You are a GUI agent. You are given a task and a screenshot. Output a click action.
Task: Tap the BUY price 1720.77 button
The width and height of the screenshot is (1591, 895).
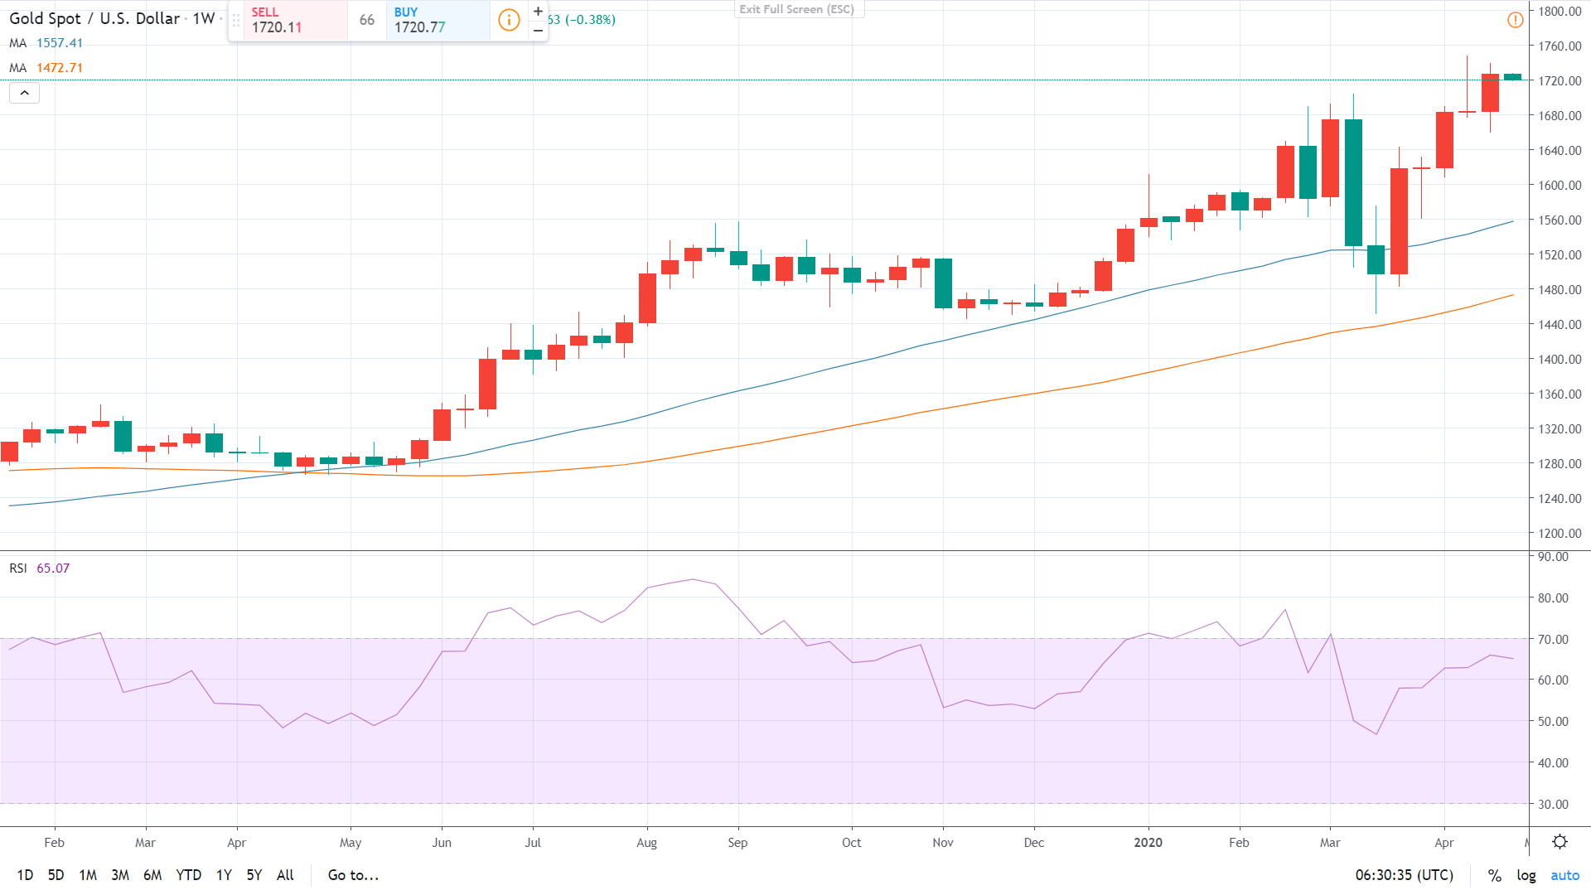[438, 20]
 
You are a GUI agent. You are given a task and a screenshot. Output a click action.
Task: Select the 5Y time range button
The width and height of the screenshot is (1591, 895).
[254, 875]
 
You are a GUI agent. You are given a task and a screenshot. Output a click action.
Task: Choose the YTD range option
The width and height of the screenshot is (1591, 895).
[188, 875]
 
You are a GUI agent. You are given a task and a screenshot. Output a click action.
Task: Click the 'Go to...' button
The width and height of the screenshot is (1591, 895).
[353, 875]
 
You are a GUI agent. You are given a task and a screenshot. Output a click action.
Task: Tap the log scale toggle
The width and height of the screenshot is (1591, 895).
[1526, 875]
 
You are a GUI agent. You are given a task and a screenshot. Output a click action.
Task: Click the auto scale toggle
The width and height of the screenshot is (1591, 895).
[1564, 875]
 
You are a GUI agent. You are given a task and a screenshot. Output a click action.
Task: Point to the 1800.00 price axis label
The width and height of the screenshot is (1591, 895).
[1560, 11]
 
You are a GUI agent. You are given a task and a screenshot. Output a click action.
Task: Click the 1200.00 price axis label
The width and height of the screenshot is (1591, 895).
[1560, 533]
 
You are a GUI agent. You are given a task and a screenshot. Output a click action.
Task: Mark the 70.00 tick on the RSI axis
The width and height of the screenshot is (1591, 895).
[1553, 639]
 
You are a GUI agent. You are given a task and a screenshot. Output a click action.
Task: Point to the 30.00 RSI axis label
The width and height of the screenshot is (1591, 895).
[1553, 804]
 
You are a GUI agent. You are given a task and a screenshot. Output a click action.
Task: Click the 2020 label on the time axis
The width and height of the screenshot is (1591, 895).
[1148, 843]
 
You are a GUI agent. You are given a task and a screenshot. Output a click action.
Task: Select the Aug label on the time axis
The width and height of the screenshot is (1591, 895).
[646, 843]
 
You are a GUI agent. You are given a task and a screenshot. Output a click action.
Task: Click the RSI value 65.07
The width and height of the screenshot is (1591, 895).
[53, 568]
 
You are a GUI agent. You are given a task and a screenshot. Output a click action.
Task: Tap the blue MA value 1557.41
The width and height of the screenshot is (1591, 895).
[60, 43]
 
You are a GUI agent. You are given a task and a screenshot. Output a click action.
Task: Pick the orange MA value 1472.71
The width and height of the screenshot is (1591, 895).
[60, 68]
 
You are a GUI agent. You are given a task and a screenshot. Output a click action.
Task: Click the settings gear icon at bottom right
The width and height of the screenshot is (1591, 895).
[1560, 842]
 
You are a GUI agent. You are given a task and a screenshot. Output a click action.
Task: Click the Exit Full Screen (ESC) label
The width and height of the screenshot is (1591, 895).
[796, 9]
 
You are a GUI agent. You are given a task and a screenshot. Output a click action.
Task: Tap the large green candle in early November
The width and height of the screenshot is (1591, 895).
[943, 283]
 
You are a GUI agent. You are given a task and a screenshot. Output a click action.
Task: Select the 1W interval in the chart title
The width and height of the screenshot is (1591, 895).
[204, 18]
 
